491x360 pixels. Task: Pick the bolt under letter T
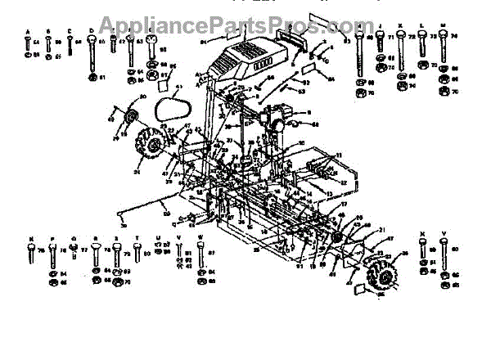(x=137, y=254)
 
